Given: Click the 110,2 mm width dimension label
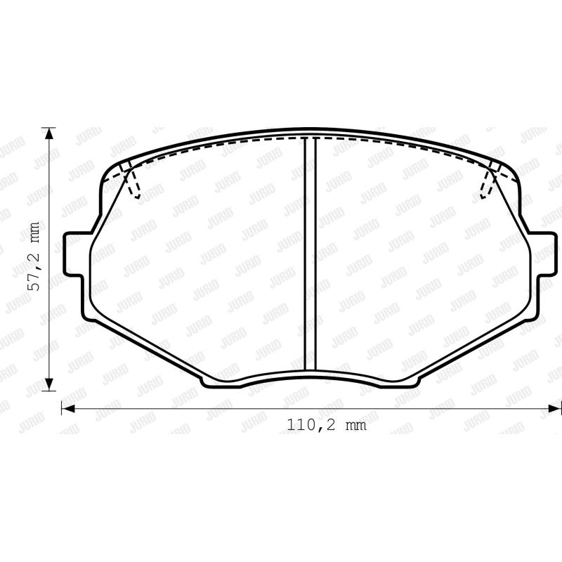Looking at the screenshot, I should (327, 425).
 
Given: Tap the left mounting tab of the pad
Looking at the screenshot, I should (73, 256).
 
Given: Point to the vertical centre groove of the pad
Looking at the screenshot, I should (309, 253).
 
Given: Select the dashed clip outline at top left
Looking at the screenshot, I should (130, 180).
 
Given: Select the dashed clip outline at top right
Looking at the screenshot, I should (490, 180).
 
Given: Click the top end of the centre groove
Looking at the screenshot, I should (309, 140).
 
